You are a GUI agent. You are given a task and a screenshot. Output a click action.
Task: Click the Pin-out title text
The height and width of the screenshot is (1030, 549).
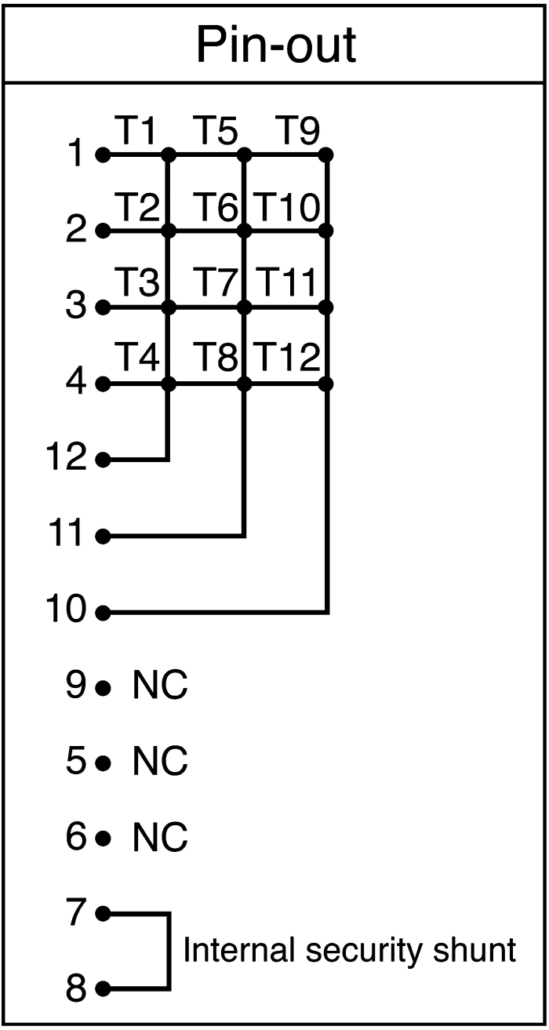point(276,45)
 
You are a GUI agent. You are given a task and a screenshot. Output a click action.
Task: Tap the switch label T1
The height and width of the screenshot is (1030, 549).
point(137,130)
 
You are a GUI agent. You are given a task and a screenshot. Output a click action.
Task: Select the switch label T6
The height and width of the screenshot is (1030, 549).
point(215,206)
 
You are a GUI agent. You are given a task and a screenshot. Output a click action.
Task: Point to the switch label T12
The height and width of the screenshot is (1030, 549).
point(287,356)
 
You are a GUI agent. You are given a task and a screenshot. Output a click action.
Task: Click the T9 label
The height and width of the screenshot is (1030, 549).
point(297,130)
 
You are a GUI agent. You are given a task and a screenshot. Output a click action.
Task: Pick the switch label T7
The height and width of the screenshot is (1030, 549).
point(215,282)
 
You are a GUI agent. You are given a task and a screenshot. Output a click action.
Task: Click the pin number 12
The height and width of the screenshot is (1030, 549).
point(66,457)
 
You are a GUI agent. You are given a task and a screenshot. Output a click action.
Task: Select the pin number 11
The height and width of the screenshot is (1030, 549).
point(66,533)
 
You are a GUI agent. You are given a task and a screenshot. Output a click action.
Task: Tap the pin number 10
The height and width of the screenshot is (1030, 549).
point(66,609)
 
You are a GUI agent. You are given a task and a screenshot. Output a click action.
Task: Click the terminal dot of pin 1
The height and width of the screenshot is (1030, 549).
point(103,155)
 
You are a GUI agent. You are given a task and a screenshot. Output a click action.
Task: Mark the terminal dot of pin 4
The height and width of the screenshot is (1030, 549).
point(103,384)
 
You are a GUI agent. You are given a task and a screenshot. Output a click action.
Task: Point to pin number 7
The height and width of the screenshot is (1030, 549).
point(76,912)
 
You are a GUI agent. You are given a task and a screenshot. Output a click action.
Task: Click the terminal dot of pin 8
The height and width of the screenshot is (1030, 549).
point(103,987)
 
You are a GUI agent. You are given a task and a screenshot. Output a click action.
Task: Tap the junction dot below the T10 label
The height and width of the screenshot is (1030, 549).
point(325,231)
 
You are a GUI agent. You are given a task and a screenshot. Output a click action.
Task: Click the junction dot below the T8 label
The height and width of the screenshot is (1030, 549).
point(245,384)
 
